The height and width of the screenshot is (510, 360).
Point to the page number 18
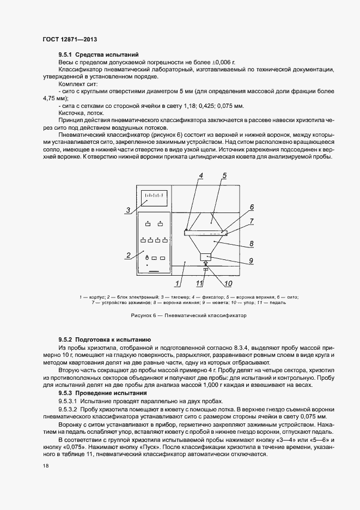(45, 466)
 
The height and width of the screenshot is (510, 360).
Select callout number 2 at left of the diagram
(128, 254)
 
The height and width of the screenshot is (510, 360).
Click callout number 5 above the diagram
(224, 175)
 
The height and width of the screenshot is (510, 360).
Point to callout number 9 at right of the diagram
(251, 260)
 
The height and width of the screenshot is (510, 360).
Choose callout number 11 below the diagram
(199, 283)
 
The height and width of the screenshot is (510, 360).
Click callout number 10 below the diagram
(228, 283)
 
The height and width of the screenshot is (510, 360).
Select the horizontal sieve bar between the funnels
(212, 233)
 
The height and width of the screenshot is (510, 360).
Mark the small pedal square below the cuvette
(205, 269)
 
